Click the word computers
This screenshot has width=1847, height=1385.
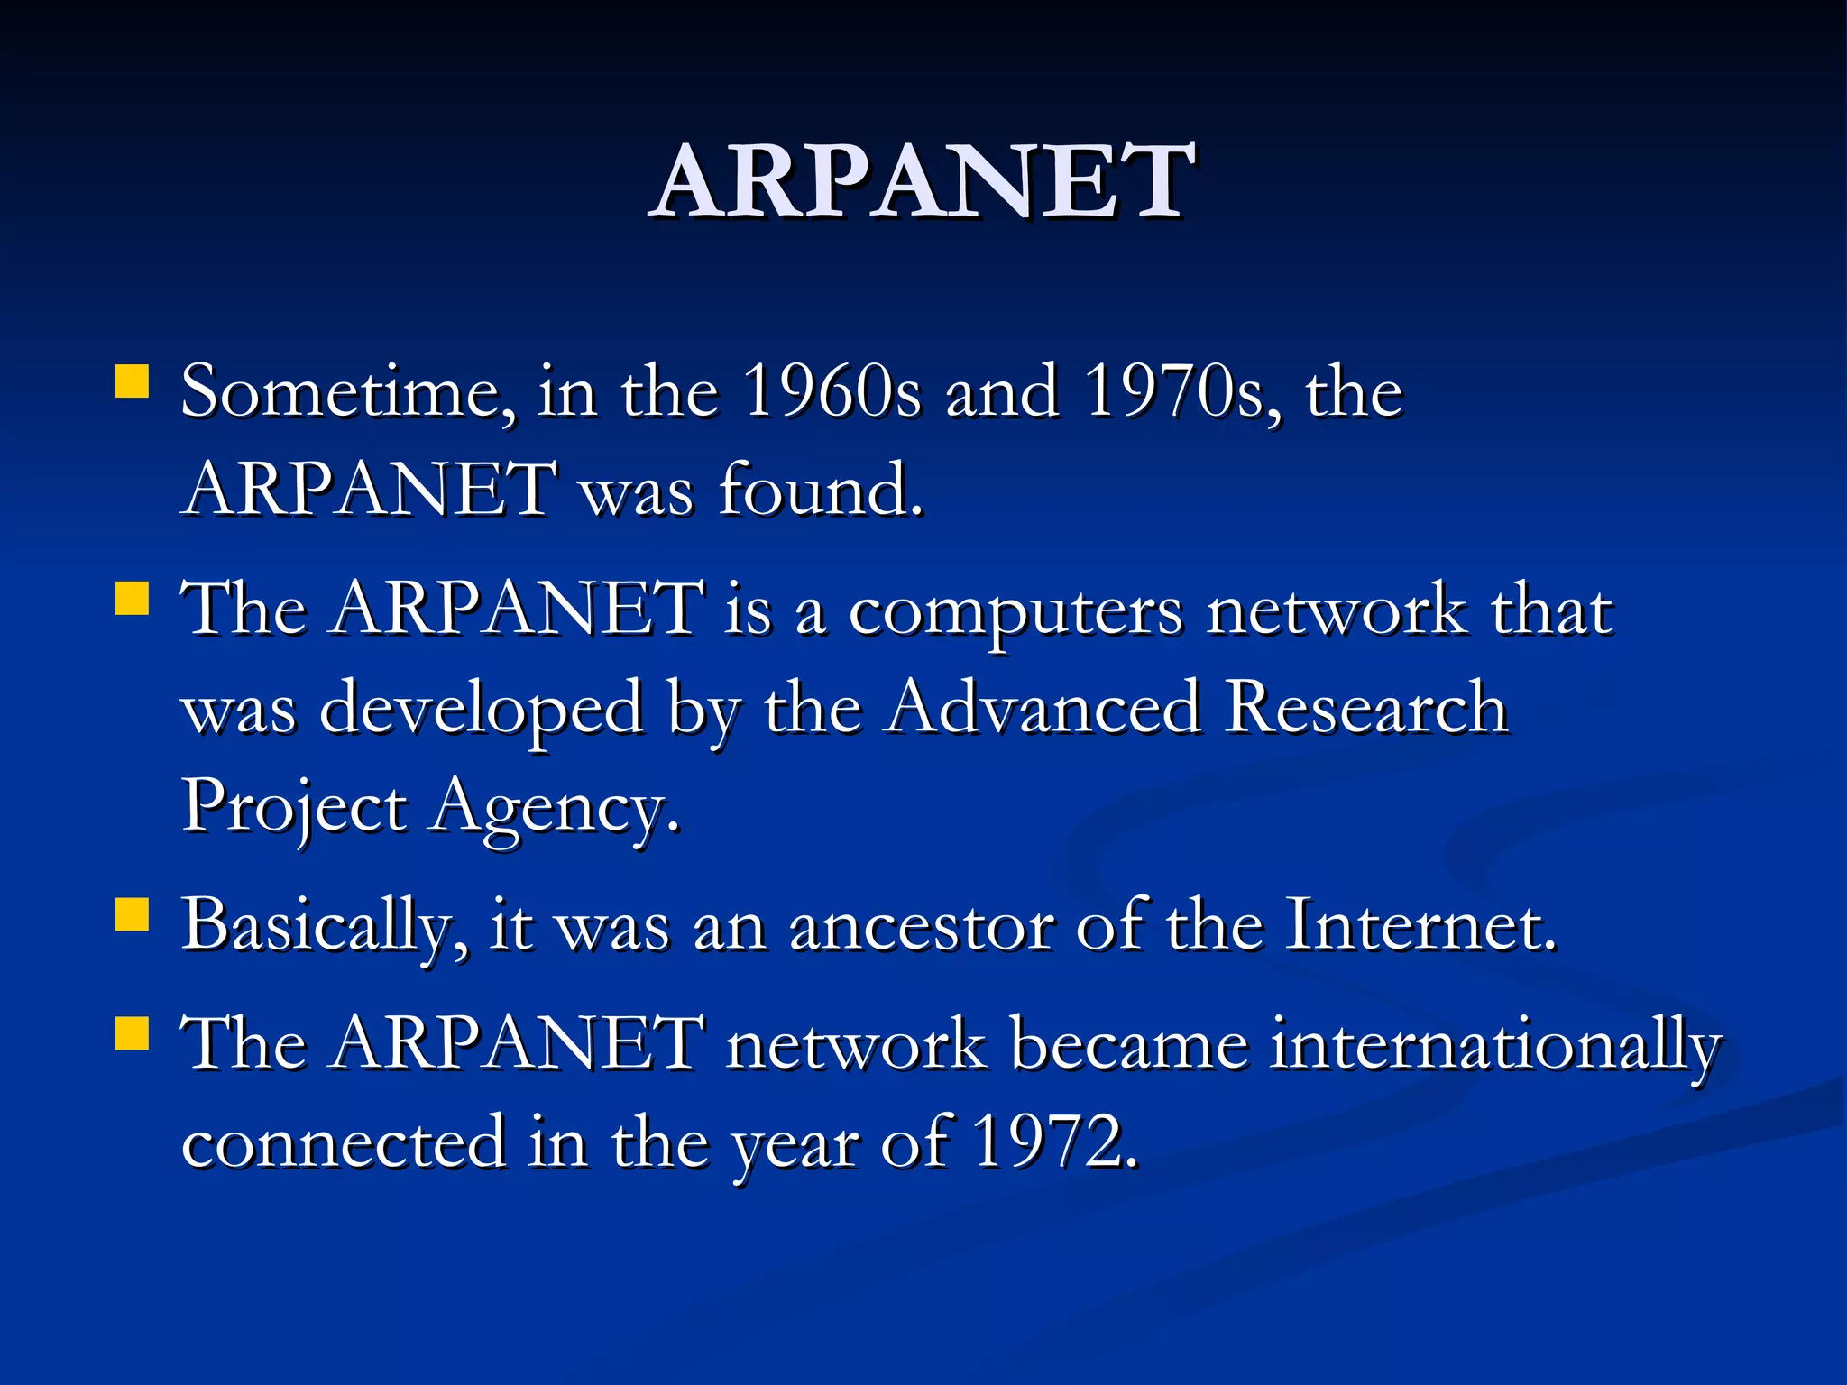(1015, 611)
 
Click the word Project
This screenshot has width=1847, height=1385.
(294, 807)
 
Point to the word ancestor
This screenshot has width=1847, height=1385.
(921, 928)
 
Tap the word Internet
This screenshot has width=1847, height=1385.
(1420, 926)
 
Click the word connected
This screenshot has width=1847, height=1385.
(344, 1143)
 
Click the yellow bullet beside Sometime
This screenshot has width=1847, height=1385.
(133, 381)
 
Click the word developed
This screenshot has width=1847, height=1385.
(482, 710)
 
